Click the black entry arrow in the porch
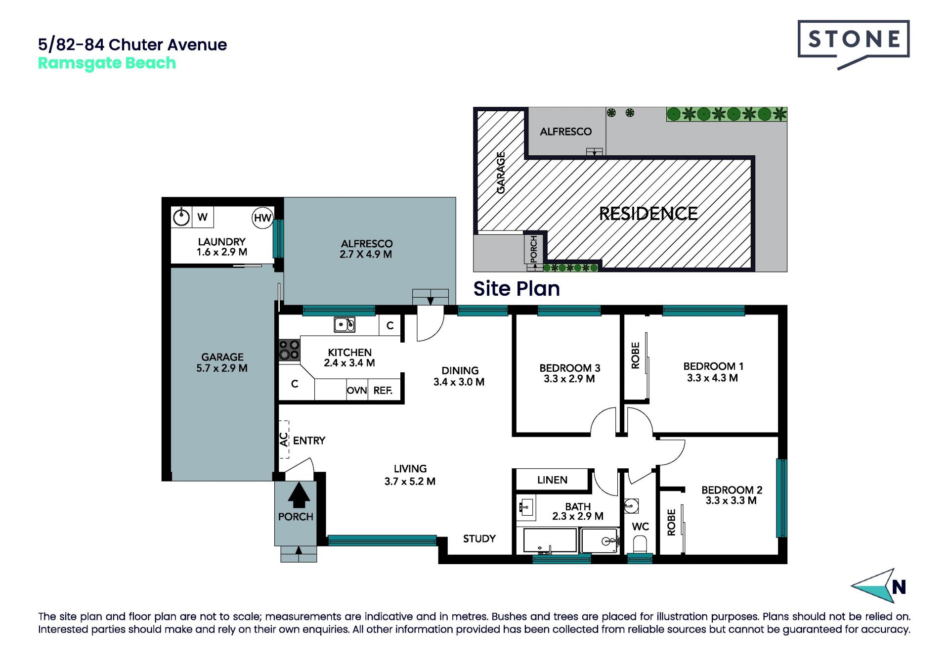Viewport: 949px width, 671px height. tap(299, 495)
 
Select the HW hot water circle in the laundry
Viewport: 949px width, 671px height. tap(262, 218)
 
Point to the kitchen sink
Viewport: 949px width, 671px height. tap(345, 324)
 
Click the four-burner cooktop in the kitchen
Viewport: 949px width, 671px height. tap(289, 349)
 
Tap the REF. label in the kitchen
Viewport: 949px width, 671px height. tap(383, 391)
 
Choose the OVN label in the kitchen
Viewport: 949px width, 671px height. tap(357, 391)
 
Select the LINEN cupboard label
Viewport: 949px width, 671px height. tap(552, 480)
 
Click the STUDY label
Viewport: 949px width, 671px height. tap(479, 538)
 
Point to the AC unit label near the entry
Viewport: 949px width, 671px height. tap(284, 439)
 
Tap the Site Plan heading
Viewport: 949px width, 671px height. tap(517, 289)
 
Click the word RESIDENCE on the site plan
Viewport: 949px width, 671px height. tap(648, 214)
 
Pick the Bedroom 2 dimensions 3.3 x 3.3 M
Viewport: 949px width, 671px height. tap(731, 500)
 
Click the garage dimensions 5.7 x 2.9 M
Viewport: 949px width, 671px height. tap(222, 368)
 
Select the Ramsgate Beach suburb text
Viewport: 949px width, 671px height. tap(107, 63)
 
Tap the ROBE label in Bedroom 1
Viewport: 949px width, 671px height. tap(636, 356)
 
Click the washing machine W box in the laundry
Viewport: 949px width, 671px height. tap(203, 217)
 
